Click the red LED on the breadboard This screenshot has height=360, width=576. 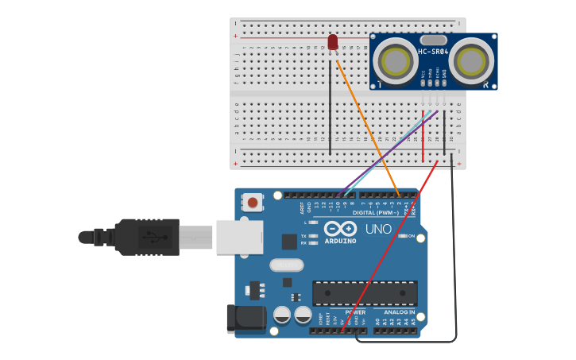tap(332, 41)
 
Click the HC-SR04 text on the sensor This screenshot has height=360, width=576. tap(433, 52)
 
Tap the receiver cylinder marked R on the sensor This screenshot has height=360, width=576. tap(472, 60)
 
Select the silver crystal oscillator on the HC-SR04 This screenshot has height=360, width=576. tap(433, 40)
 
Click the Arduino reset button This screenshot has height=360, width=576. tap(253, 202)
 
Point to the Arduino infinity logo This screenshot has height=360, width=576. tap(340, 229)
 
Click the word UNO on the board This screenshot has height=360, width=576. tap(378, 230)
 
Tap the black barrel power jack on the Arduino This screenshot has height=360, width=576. tap(245, 319)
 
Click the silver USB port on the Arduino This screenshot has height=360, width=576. tap(239, 237)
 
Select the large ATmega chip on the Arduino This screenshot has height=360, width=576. tap(365, 293)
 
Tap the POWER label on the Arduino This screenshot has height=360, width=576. tap(355, 312)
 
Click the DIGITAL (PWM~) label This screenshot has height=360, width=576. tap(376, 212)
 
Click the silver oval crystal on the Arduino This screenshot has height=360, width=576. tap(287, 265)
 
